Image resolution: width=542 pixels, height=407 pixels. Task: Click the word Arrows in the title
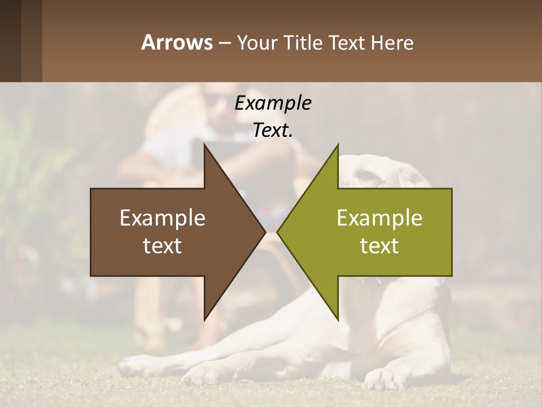(x=176, y=42)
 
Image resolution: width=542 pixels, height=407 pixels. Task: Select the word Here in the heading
(x=392, y=42)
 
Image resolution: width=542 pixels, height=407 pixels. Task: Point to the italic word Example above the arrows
(x=273, y=103)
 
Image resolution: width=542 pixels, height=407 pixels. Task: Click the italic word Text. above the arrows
(x=273, y=131)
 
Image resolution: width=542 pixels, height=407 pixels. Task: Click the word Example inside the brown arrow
(x=163, y=218)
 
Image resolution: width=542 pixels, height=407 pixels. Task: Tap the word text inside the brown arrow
(x=163, y=246)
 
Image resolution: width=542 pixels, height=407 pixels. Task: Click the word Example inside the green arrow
(x=379, y=218)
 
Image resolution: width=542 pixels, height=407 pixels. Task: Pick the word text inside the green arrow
(x=379, y=246)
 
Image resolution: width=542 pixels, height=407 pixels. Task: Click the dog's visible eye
(x=367, y=175)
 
